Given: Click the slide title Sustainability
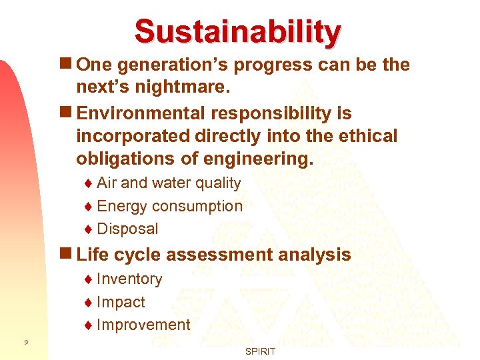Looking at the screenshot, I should point(237,31).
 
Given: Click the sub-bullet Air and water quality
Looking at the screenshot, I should point(169,183).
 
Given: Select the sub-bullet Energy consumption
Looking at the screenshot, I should point(169,206).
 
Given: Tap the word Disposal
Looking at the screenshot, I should point(127,229).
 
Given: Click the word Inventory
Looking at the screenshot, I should point(129,279).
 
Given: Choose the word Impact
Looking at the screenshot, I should point(121,302).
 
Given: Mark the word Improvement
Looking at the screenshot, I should point(143,325).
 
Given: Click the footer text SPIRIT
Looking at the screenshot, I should point(260,351).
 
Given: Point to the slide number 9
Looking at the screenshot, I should point(25,343).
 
